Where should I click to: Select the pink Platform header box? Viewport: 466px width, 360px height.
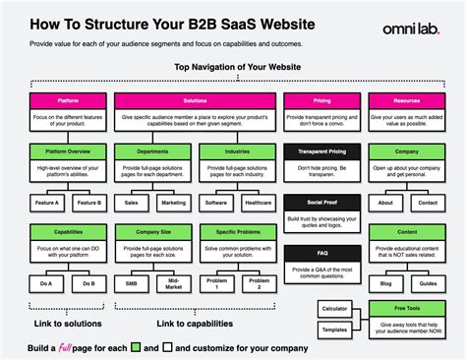click(69, 101)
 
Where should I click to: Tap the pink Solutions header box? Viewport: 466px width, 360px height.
click(195, 101)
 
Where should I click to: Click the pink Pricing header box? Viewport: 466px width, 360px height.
click(320, 101)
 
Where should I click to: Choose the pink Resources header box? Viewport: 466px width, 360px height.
click(406, 101)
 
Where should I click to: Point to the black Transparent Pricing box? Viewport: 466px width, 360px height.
click(320, 152)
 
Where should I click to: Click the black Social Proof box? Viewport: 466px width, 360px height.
click(320, 203)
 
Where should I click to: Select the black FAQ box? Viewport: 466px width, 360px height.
click(320, 253)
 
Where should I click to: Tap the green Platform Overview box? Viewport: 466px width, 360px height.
click(69, 152)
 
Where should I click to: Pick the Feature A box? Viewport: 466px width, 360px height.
click(48, 203)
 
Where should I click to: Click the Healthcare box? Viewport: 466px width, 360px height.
click(258, 203)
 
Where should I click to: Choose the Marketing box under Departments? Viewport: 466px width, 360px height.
click(173, 203)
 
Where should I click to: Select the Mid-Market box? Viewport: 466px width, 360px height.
click(173, 283)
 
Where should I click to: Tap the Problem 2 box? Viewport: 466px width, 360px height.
click(258, 283)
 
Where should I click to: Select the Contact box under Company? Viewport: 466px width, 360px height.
click(428, 203)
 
